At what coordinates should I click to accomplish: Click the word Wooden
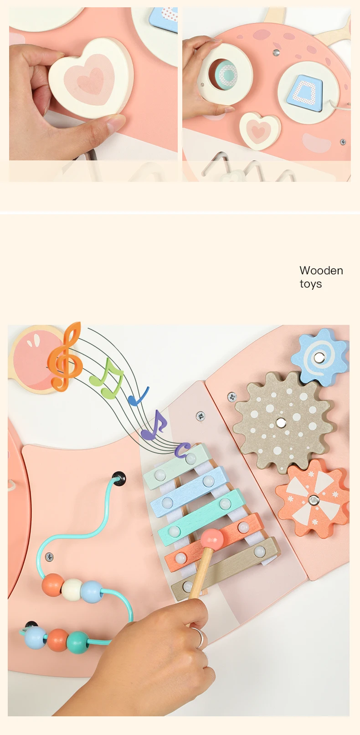[321, 271]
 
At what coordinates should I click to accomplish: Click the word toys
[310, 284]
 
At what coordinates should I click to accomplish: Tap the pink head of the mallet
[212, 539]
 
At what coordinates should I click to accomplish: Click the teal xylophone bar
[201, 518]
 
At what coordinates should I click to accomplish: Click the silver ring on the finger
[199, 637]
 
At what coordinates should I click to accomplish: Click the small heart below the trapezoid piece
[259, 130]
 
